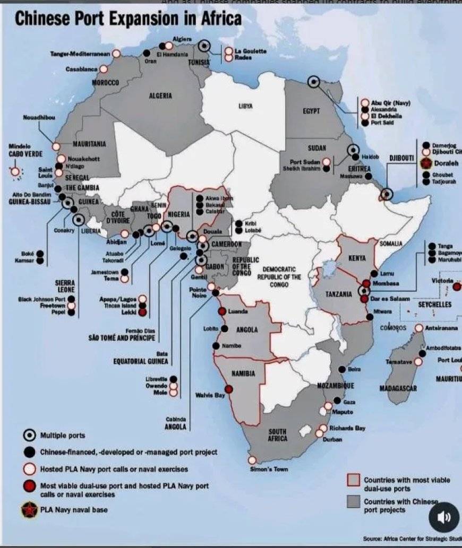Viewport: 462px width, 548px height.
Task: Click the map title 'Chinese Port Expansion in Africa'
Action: [128, 19]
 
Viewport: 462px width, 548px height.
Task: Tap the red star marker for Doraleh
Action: [426, 163]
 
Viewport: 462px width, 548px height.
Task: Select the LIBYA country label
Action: [245, 107]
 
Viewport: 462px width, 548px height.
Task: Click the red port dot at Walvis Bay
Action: [229, 389]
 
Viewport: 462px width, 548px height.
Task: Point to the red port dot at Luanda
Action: [222, 311]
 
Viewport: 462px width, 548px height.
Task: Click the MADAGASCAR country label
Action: [398, 388]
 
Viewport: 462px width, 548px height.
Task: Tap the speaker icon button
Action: [443, 517]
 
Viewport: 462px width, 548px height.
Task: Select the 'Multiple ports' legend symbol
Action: [30, 436]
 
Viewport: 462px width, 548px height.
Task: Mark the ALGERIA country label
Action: [160, 96]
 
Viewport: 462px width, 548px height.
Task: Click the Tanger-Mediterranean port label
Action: [80, 54]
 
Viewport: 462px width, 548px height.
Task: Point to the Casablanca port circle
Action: [104, 69]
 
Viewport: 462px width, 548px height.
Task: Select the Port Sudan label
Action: [303, 162]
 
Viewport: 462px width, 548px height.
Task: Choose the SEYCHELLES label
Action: [434, 305]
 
